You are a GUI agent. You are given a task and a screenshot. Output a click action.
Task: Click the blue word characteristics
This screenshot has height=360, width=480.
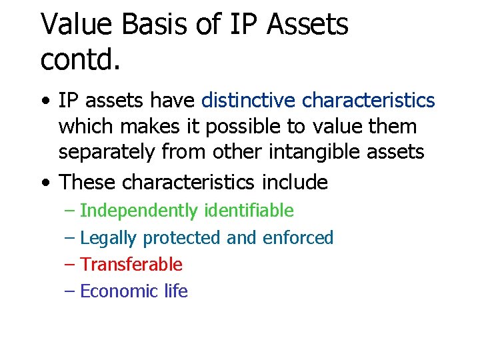coord(368,101)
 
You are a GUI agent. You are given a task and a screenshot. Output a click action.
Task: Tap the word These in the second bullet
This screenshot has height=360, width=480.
coord(88,181)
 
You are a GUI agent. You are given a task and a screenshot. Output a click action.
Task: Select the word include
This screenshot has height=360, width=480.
coord(295,181)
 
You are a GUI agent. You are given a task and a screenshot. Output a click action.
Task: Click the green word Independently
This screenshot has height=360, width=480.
coord(139,211)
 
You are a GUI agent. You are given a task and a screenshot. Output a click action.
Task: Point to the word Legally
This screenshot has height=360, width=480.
coord(108,238)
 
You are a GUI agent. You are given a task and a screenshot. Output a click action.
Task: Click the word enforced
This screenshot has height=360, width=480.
coord(298,238)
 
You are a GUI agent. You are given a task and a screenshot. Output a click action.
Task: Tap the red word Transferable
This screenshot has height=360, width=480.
coord(131,265)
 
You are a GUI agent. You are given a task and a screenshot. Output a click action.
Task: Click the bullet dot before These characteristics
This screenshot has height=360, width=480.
coord(44,183)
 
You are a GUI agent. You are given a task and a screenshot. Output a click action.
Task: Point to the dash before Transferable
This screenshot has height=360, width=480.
coord(71,265)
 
